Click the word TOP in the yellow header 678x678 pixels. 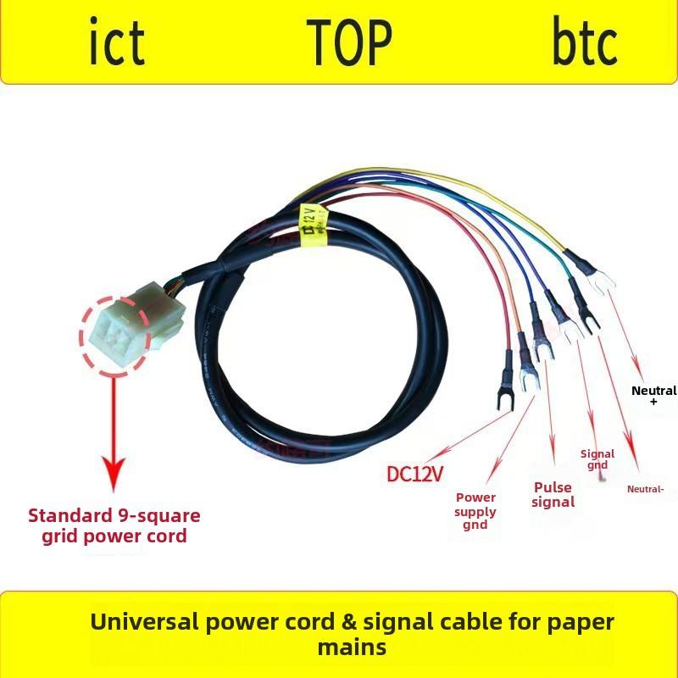(349, 42)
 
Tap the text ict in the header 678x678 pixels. (117, 42)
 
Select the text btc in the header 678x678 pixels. (585, 42)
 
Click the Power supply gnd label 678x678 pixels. (475, 511)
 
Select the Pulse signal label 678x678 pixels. (553, 495)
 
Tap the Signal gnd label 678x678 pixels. (597, 459)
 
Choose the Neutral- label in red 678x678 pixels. (645, 489)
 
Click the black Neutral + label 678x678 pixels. (654, 396)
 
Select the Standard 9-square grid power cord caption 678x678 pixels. (114, 525)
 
